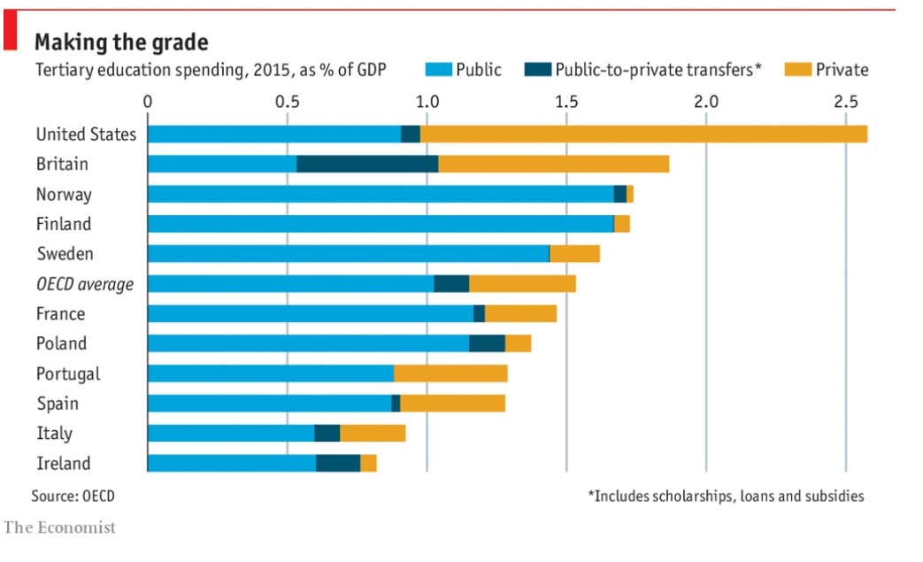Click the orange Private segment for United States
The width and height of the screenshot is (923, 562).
click(643, 134)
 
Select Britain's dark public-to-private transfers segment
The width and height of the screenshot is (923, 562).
click(367, 164)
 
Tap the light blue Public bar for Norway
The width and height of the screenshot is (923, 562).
click(381, 194)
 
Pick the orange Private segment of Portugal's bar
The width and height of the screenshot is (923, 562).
click(450, 373)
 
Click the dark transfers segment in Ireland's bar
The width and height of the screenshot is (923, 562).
click(338, 463)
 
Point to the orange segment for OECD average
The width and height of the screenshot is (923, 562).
click(522, 283)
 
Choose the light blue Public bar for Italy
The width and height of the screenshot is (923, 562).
click(231, 433)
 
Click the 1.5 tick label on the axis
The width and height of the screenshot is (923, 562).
click(566, 101)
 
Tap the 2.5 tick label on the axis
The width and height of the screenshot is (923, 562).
click(845, 101)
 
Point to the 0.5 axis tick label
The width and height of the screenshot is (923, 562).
click(287, 101)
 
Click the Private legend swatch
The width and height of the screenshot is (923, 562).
click(798, 69)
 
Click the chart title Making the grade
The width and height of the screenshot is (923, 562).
click(121, 42)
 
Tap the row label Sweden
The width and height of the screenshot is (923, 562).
click(65, 254)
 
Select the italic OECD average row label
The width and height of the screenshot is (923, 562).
click(85, 284)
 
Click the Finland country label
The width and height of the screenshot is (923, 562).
click(64, 224)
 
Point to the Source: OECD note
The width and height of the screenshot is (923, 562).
click(73, 496)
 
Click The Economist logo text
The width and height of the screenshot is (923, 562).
click(59, 527)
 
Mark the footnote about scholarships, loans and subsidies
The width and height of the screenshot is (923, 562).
click(726, 496)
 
